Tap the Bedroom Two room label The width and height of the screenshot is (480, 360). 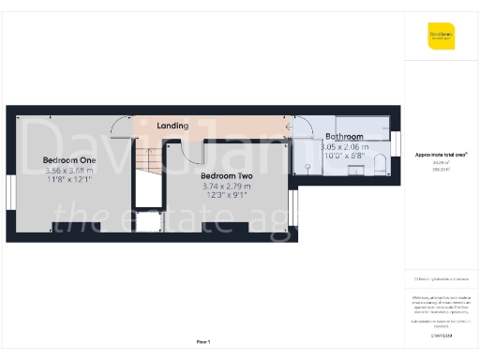(x=227, y=175)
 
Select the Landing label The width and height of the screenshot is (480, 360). (x=172, y=126)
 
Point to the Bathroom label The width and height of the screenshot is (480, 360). (x=343, y=137)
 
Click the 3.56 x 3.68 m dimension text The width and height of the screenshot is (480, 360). (x=69, y=171)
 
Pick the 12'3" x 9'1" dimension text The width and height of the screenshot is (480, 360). (x=227, y=196)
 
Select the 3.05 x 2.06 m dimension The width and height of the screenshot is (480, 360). (x=344, y=147)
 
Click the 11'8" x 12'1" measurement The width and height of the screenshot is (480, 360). (x=69, y=181)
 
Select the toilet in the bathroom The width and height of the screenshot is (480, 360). (x=380, y=166)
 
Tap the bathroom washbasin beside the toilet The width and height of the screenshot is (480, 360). (x=355, y=169)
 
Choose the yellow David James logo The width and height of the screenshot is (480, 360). (x=442, y=37)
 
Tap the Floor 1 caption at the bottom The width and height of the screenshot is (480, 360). (x=203, y=341)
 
